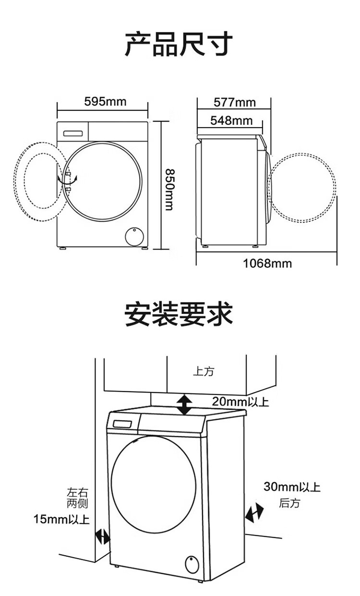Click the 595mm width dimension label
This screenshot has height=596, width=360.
tap(106, 102)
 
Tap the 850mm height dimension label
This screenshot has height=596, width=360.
tap(170, 190)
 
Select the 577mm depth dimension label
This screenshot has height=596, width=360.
tap(234, 102)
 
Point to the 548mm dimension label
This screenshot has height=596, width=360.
tap(231, 120)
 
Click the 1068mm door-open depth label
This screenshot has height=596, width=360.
tap(267, 263)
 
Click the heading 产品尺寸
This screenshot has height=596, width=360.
tap(179, 44)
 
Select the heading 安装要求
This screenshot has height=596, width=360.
tap(179, 314)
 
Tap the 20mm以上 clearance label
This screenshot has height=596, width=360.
tap(240, 402)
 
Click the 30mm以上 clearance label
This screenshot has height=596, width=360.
tap(292, 487)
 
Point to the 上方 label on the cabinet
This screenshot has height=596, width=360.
tap(204, 371)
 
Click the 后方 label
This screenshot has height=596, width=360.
tap(289, 503)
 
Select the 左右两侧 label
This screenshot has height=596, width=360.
tap(77, 498)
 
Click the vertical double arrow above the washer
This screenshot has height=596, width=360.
tap(185, 405)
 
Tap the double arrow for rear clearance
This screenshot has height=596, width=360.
tap(254, 512)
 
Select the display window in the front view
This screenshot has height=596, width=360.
tap(73, 133)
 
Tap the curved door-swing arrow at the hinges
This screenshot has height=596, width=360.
tap(68, 180)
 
